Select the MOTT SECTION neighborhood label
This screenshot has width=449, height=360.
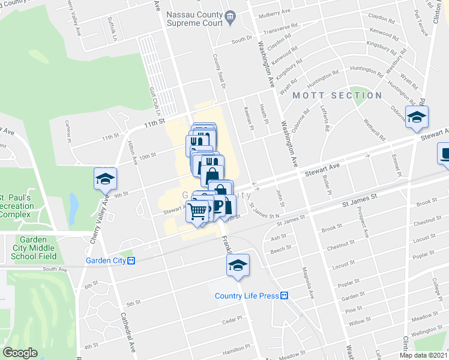pyautogui.click(x=337, y=95)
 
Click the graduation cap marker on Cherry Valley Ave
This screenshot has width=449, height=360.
pyautogui.click(x=104, y=179)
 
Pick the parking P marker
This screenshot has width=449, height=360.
pyautogui.click(x=218, y=206)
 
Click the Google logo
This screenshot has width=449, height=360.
pyautogui.click(x=20, y=353)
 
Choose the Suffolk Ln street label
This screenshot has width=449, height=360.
pyautogui.click(x=112, y=26)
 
